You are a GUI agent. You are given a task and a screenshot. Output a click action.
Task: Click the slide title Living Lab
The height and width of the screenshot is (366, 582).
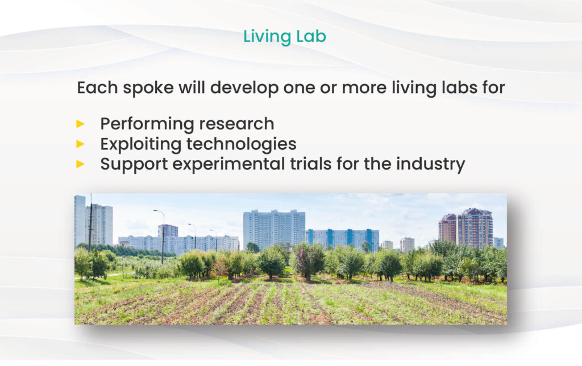[285, 37]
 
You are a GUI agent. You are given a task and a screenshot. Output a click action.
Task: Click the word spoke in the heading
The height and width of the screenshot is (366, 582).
[148, 89]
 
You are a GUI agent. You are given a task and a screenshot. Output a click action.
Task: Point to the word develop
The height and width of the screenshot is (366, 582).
[244, 89]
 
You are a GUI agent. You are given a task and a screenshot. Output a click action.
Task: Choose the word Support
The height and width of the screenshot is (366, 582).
[134, 165]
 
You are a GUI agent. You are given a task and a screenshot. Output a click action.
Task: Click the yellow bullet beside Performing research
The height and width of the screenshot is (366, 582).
[81, 124]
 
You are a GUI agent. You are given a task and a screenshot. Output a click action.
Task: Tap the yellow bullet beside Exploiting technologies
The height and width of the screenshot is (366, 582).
[81, 144]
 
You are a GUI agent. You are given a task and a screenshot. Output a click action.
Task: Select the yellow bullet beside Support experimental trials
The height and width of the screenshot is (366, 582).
[81, 164]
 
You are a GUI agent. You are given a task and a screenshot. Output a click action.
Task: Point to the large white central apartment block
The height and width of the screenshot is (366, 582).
[275, 230]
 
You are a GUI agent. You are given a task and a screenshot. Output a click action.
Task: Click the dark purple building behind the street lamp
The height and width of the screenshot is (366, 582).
[168, 231]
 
